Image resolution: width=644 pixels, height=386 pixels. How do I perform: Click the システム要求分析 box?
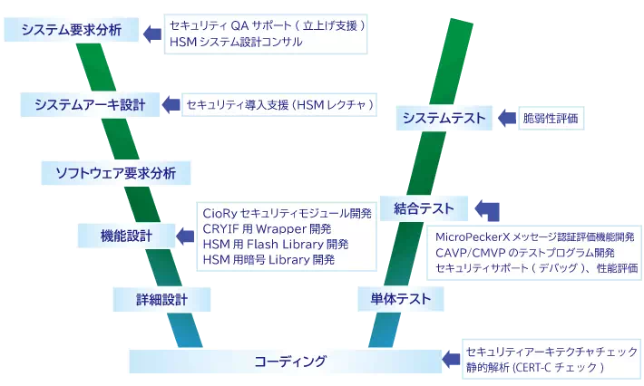tap(71, 30)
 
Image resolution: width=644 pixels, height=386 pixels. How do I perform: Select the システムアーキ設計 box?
tap(90, 104)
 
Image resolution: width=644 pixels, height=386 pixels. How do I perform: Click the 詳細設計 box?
tap(161, 299)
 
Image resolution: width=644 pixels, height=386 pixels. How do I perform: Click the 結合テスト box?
tap(424, 209)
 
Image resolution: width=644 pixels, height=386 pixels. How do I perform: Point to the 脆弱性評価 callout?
tap(550, 118)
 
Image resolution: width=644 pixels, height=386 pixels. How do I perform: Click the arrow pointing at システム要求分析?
tap(151, 33)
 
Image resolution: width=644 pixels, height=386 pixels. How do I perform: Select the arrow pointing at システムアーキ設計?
tap(171, 104)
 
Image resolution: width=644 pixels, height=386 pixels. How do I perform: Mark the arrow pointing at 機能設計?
tap(184, 236)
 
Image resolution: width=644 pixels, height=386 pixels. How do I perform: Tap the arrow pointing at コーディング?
tap(450, 361)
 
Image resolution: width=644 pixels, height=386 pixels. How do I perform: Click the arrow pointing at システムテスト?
tap(503, 118)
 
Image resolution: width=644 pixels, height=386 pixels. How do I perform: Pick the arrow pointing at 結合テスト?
tap(487, 210)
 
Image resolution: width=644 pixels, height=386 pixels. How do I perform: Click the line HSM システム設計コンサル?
tap(236, 42)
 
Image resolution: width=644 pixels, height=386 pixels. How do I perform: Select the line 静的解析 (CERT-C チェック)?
tap(534, 368)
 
